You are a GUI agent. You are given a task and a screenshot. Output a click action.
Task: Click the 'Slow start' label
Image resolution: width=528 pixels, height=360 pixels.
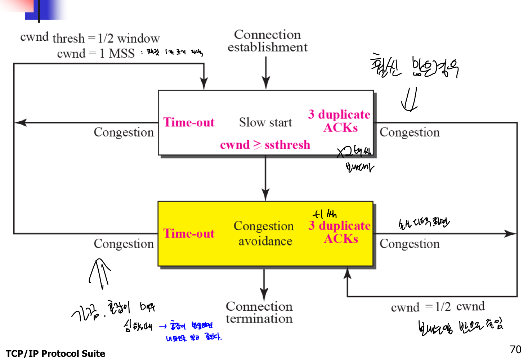265,122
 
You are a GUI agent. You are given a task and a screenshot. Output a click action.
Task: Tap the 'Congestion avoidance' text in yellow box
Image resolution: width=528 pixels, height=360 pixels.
264,233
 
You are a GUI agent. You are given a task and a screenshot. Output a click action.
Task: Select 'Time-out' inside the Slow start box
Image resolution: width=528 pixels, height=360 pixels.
189,122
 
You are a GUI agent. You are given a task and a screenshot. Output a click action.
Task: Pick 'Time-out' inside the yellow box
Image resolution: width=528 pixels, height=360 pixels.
189,234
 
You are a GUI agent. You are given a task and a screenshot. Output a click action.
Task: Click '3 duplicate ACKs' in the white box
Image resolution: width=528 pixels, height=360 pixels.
339,121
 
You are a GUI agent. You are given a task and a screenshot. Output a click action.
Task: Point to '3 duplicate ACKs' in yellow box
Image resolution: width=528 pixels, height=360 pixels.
340,232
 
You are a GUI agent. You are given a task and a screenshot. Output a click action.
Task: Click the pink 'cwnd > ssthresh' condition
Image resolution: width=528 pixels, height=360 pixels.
265,145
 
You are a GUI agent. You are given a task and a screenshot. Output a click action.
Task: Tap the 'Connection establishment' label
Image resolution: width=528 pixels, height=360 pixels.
267,41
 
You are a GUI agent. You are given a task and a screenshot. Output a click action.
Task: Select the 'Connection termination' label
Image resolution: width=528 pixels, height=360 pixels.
259,312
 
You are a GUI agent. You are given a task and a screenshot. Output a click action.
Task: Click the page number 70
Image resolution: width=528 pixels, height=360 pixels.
515,349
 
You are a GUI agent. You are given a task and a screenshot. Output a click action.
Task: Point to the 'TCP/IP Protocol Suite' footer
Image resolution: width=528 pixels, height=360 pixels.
55,354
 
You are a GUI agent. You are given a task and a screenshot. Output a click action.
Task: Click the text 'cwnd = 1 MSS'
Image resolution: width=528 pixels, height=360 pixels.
96,54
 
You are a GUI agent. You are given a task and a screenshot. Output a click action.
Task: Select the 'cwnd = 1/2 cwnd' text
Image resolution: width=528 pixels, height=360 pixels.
438,307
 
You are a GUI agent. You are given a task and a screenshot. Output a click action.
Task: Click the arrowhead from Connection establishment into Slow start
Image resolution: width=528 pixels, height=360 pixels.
266,84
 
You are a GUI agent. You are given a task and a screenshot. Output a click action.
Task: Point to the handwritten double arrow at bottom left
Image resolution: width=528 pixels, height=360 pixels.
100,273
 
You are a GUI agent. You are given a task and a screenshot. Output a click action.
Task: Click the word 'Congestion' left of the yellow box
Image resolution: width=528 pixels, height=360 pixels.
124,244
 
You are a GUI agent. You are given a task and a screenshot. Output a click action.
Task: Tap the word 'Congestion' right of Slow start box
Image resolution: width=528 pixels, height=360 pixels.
410,132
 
